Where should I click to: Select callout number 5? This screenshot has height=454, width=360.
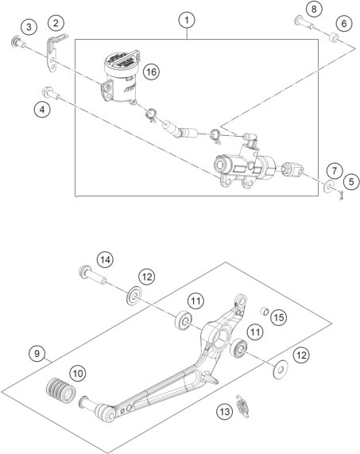[x=333, y=170]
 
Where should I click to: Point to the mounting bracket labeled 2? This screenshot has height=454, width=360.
[x=56, y=49]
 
